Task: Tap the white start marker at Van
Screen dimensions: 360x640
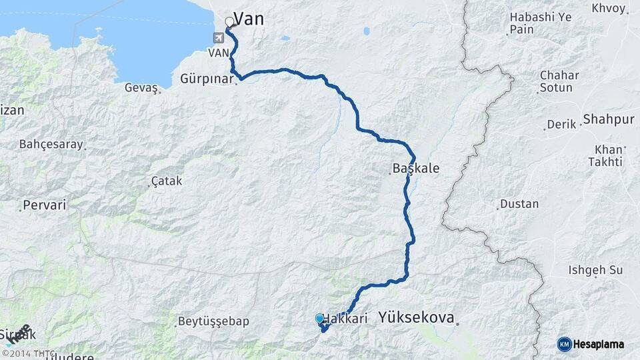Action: [x=230, y=22]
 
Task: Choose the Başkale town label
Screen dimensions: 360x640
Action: [x=416, y=168]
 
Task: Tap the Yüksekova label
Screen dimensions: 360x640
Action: [x=417, y=318]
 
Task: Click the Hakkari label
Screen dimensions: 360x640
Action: [x=347, y=319]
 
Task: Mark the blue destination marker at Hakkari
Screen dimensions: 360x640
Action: [x=319, y=319]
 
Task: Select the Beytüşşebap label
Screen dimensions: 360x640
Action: [x=213, y=321]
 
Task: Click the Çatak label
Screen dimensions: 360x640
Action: [x=167, y=181]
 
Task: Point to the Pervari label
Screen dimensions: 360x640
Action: [x=45, y=205]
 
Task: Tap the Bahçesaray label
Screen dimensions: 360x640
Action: [x=51, y=144]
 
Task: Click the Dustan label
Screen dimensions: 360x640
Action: [x=519, y=204]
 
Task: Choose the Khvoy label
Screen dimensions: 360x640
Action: [x=609, y=9]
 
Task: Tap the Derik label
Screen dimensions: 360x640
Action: [x=561, y=125]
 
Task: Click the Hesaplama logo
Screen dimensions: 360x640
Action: [x=591, y=344]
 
